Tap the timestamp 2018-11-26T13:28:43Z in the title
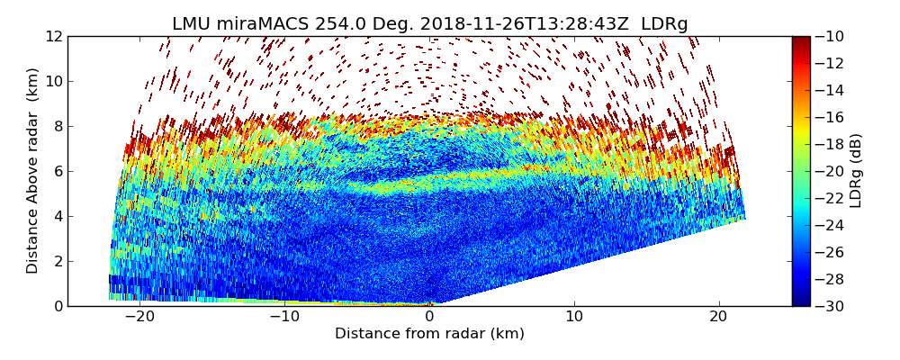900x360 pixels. tap(517, 24)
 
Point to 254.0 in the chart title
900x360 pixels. tap(337, 24)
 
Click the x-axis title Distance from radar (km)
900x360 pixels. tap(429, 334)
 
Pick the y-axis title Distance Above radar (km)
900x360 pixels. tap(32, 171)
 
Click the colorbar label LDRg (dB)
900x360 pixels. tap(855, 171)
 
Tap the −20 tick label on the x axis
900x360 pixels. tap(139, 317)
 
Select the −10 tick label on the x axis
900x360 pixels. tap(284, 317)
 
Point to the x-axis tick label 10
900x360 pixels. tap(574, 317)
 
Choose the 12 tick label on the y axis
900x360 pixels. tap(54, 36)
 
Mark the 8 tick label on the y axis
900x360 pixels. tap(58, 126)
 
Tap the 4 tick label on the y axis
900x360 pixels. tap(58, 216)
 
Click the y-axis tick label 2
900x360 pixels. tap(58, 261)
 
